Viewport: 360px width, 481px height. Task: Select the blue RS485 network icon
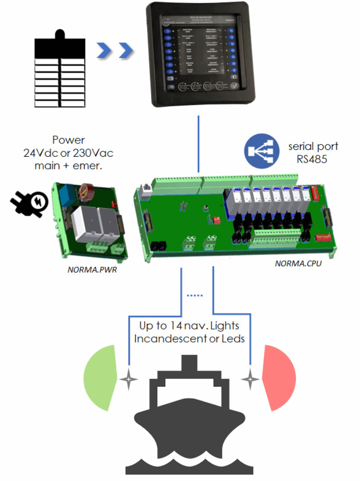click(x=259, y=152)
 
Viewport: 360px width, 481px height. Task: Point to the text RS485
click(x=313, y=158)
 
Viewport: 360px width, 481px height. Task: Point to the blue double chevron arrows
click(x=115, y=49)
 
